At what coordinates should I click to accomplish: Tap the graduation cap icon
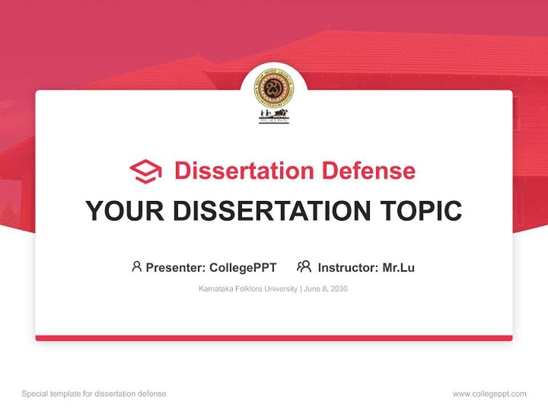click(146, 171)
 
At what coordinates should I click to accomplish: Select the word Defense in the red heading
click(368, 171)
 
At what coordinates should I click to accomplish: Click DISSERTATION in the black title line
click(272, 211)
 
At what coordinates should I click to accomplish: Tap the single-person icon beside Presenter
click(136, 267)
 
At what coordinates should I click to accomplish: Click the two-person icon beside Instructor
click(304, 267)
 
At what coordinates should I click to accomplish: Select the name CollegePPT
click(243, 268)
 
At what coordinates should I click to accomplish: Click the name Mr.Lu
click(398, 268)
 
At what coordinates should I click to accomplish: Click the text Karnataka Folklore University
click(248, 289)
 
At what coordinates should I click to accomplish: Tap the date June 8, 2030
click(326, 289)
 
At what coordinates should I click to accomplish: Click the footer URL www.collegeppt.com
click(489, 394)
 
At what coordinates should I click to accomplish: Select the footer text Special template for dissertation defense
click(94, 394)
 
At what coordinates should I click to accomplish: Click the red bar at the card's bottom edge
click(274, 338)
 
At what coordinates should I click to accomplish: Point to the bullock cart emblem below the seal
click(274, 116)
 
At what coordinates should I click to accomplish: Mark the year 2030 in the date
click(338, 289)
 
